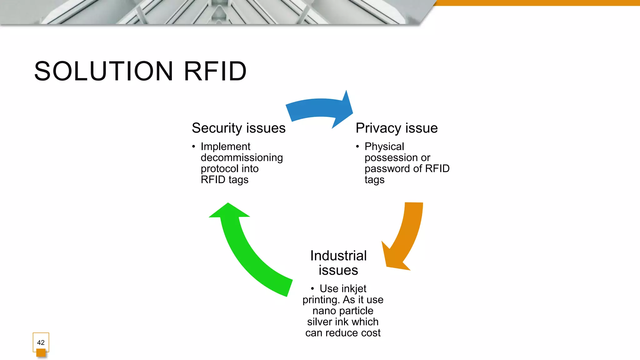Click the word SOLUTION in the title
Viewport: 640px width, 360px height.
[103, 71]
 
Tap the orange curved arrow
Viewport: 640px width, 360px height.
[406, 237]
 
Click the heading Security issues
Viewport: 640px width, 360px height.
[238, 128]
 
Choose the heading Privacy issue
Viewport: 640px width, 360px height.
[396, 128]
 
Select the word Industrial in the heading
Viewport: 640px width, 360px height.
[338, 256]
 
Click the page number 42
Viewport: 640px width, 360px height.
[41, 342]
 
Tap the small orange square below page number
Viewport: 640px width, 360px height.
[41, 353]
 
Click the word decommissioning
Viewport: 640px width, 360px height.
[242, 157]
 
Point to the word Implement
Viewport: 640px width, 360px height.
[225, 146]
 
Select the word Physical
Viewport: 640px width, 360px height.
[384, 146]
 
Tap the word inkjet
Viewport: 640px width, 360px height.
[354, 288]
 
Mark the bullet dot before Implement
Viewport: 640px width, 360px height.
[194, 146]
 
